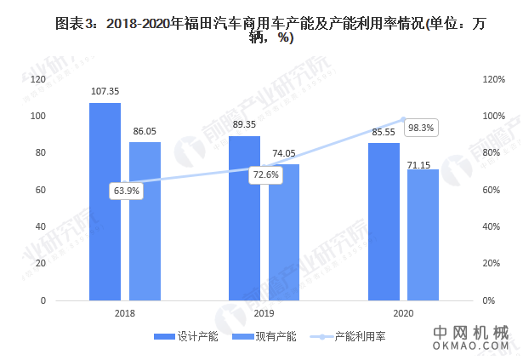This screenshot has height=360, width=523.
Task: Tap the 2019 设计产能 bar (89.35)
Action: tap(244, 218)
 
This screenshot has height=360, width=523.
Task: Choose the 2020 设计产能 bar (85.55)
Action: tap(384, 221)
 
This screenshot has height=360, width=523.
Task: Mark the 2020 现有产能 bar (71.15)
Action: tap(424, 235)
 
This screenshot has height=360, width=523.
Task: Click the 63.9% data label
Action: tap(126, 191)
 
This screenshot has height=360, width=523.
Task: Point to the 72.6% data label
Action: tap(265, 174)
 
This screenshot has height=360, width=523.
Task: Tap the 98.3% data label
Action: tap(420, 129)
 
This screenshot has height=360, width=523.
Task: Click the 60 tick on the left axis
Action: tap(39, 190)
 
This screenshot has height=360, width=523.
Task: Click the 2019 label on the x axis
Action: tap(264, 313)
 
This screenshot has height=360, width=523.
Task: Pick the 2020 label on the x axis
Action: tap(403, 313)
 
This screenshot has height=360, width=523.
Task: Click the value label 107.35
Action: tap(105, 91)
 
